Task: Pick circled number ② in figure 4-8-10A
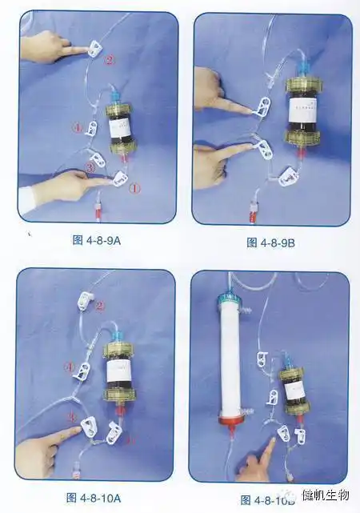coord(100,305)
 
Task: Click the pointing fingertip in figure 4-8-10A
coord(79,431)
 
